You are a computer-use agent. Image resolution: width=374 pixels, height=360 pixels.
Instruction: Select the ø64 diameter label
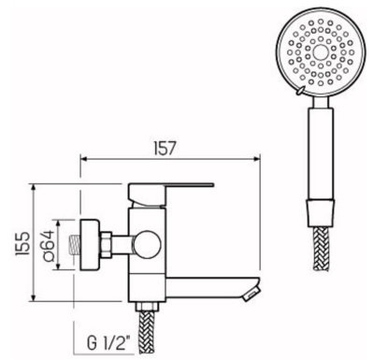tap(44, 244)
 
